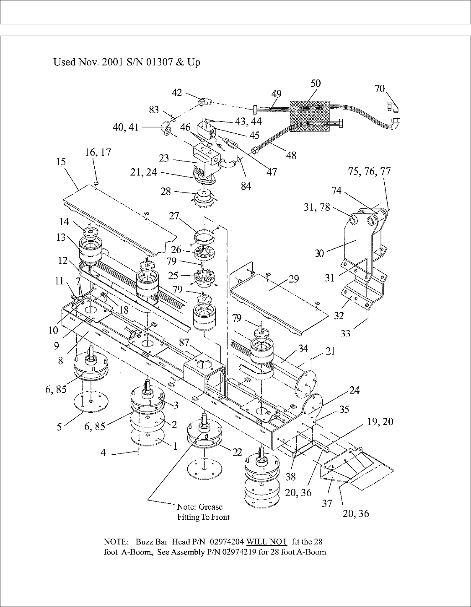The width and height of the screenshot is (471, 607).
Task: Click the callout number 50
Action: click(316, 83)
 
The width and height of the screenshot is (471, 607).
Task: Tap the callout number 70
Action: click(380, 89)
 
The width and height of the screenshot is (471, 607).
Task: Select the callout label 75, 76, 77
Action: click(370, 171)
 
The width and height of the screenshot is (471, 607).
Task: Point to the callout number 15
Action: click(61, 162)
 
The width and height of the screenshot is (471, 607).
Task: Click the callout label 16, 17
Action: click(98, 152)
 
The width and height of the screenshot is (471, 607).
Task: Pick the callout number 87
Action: click(184, 342)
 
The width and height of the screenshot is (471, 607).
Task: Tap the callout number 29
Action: click(294, 279)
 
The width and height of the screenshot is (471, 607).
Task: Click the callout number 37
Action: click(327, 503)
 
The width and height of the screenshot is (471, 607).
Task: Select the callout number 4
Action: click(103, 453)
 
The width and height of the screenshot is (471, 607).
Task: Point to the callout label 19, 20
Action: click(380, 422)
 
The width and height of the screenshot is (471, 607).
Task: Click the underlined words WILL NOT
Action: click(267, 542)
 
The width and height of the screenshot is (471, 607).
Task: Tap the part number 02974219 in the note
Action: click(239, 552)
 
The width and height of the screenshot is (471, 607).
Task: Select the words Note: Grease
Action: click(200, 507)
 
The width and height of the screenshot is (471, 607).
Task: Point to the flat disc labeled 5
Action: click(91, 401)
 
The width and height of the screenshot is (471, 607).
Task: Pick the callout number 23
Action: click(164, 158)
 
